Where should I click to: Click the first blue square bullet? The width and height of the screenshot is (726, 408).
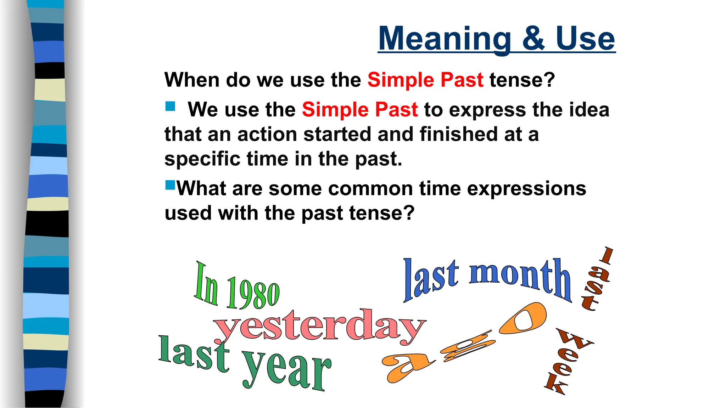tap(170, 106)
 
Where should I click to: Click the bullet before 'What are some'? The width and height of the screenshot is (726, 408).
tap(170, 185)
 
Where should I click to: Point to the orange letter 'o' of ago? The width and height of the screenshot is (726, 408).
tap(523, 318)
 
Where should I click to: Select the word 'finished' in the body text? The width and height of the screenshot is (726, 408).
tap(454, 135)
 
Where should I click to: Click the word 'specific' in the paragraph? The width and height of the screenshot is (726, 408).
tap(202, 159)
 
